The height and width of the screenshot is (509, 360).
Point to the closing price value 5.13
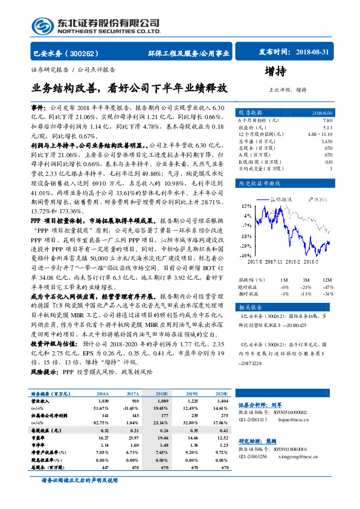327,127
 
